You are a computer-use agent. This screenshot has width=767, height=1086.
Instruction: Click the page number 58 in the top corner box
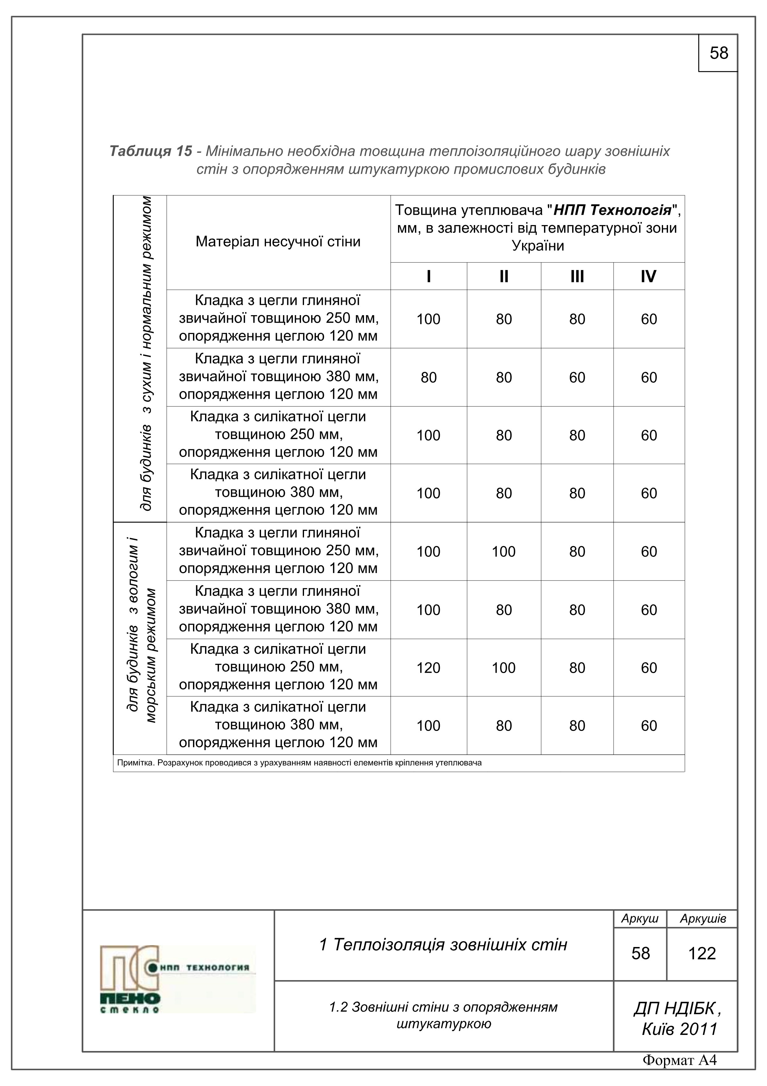[x=718, y=53]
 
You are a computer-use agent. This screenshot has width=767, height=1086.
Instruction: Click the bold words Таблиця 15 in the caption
[x=151, y=151]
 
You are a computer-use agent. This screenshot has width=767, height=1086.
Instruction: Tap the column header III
[x=577, y=276]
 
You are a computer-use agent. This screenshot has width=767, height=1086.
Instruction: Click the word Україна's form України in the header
[x=538, y=246]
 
